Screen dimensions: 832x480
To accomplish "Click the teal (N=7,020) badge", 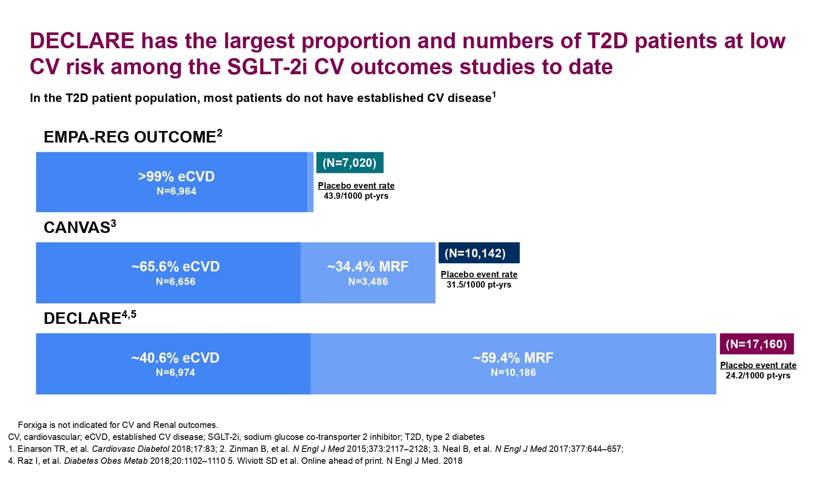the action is [350, 163].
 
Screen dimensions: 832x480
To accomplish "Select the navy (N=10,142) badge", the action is [479, 253].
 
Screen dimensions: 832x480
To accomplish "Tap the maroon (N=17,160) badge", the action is [756, 344].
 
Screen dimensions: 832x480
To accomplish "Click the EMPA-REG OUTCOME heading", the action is [133, 137].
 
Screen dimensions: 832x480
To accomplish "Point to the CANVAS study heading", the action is [80, 227].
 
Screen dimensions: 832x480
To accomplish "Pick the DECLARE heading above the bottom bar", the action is [90, 318].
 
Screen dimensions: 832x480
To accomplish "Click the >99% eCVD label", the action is [176, 177].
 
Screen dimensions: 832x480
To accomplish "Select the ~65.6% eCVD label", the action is [175, 267].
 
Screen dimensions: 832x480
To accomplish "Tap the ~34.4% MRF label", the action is [368, 267].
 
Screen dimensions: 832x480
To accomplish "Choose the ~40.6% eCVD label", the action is [175, 358].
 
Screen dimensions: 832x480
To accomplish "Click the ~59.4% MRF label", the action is [513, 358].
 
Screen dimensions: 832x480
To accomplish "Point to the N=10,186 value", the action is [513, 372].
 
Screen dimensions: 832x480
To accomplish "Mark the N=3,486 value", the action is [368, 282].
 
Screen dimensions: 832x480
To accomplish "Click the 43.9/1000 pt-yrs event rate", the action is [356, 196].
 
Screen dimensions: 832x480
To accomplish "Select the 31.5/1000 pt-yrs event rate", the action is [479, 285].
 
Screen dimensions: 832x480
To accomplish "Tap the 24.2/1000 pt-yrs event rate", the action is [758, 375].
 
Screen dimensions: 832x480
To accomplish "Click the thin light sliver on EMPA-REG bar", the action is [310, 182].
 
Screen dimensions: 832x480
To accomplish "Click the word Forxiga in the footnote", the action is [32, 425].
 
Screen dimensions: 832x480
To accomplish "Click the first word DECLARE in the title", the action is [82, 41].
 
